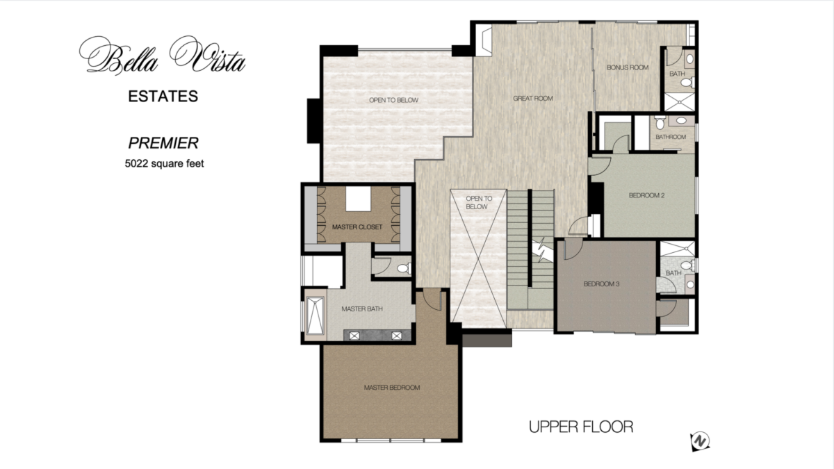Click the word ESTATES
(x=163, y=97)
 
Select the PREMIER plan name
(x=163, y=143)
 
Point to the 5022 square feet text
(x=163, y=165)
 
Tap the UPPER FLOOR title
(x=581, y=427)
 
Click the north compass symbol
(x=700, y=441)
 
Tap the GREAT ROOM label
(x=533, y=99)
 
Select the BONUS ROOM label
(x=628, y=67)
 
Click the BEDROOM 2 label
(x=647, y=195)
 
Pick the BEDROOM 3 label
(x=601, y=284)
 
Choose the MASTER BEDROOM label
(x=392, y=388)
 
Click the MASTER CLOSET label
(x=357, y=227)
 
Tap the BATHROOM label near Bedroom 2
(x=671, y=137)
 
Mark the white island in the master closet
(x=358, y=200)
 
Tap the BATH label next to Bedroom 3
(x=673, y=273)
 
